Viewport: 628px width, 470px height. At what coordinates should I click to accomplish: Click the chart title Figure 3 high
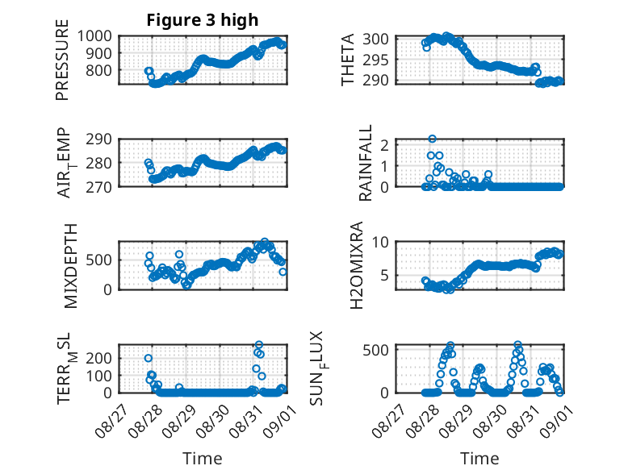(x=203, y=20)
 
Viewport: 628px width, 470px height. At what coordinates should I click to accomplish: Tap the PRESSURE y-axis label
(x=62, y=60)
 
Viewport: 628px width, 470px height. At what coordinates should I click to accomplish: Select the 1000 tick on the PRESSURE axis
(x=94, y=36)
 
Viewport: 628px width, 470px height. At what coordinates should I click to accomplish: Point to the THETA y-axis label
(x=348, y=60)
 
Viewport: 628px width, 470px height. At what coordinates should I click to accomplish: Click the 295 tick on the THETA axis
(x=375, y=60)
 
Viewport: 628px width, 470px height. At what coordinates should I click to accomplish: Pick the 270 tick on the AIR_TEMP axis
(x=98, y=187)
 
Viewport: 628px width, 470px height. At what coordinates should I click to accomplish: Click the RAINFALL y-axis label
(x=366, y=163)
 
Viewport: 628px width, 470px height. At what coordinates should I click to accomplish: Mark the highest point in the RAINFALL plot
(x=432, y=139)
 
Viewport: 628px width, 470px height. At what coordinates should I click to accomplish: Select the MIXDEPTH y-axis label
(x=70, y=266)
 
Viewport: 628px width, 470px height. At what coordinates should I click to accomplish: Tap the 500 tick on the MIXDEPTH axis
(x=98, y=260)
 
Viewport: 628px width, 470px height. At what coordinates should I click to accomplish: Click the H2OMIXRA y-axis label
(x=357, y=265)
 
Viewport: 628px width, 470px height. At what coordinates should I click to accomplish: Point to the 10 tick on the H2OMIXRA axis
(x=380, y=242)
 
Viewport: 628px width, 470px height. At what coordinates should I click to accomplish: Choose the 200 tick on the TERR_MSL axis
(x=98, y=358)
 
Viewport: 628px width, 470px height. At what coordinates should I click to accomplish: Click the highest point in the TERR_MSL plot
(x=259, y=345)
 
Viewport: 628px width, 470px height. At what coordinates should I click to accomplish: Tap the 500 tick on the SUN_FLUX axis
(x=375, y=350)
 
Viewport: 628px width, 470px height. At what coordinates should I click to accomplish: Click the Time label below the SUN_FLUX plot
(x=479, y=459)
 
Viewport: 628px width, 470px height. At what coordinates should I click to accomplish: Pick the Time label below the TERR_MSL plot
(x=203, y=459)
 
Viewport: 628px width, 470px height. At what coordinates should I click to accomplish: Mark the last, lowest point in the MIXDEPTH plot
(x=283, y=272)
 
